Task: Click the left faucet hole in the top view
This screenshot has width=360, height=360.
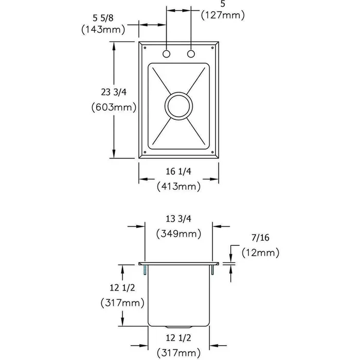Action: (166, 54)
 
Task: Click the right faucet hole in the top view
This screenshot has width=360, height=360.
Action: (191, 54)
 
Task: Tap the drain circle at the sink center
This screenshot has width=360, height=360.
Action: (178, 106)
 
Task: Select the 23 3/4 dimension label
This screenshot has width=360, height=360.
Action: (114, 92)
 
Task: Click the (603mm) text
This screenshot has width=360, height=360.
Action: (114, 107)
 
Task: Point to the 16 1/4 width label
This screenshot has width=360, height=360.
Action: (178, 171)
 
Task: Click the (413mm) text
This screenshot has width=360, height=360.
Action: (178, 186)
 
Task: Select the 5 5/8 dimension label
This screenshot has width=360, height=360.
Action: (103, 18)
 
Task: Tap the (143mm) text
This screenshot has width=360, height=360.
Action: (103, 30)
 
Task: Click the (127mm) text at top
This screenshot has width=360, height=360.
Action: (223, 15)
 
